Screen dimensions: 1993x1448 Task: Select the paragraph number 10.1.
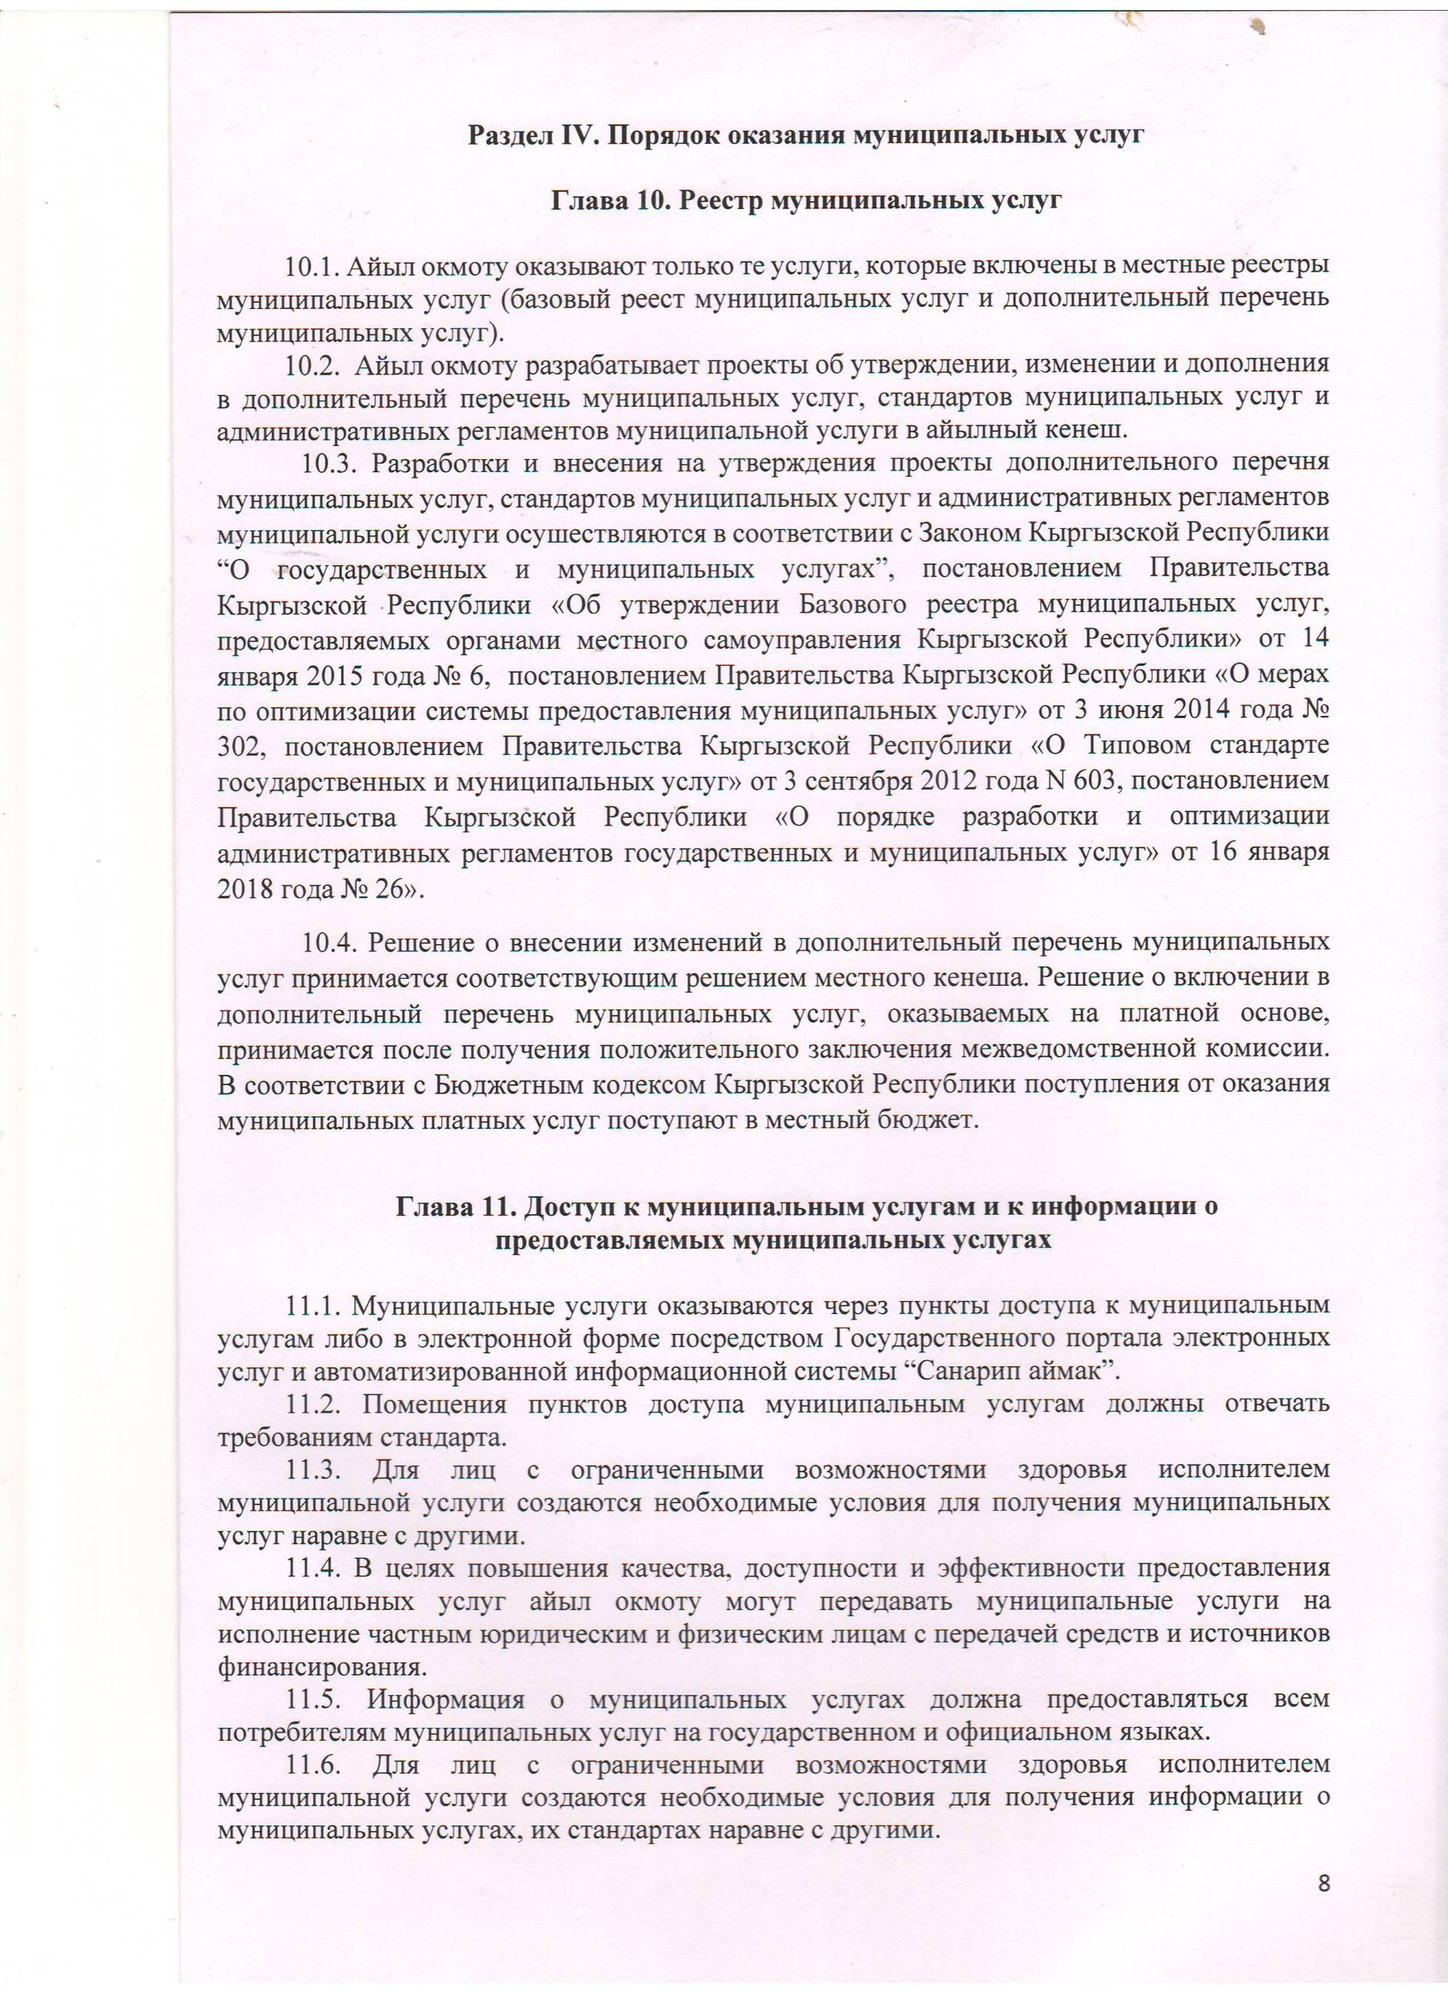click(x=312, y=265)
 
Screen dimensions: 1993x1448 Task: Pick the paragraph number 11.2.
click(x=313, y=1403)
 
